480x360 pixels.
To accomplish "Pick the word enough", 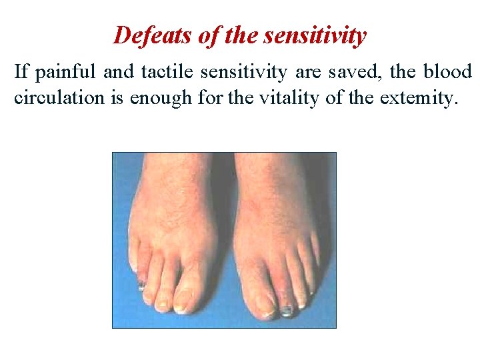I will coord(161,99).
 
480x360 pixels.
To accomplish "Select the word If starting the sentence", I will coord(21,72).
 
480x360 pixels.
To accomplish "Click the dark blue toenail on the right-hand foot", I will coord(287,310).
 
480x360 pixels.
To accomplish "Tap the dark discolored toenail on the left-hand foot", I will coord(142,287).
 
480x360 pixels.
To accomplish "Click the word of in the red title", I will coord(209,35).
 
